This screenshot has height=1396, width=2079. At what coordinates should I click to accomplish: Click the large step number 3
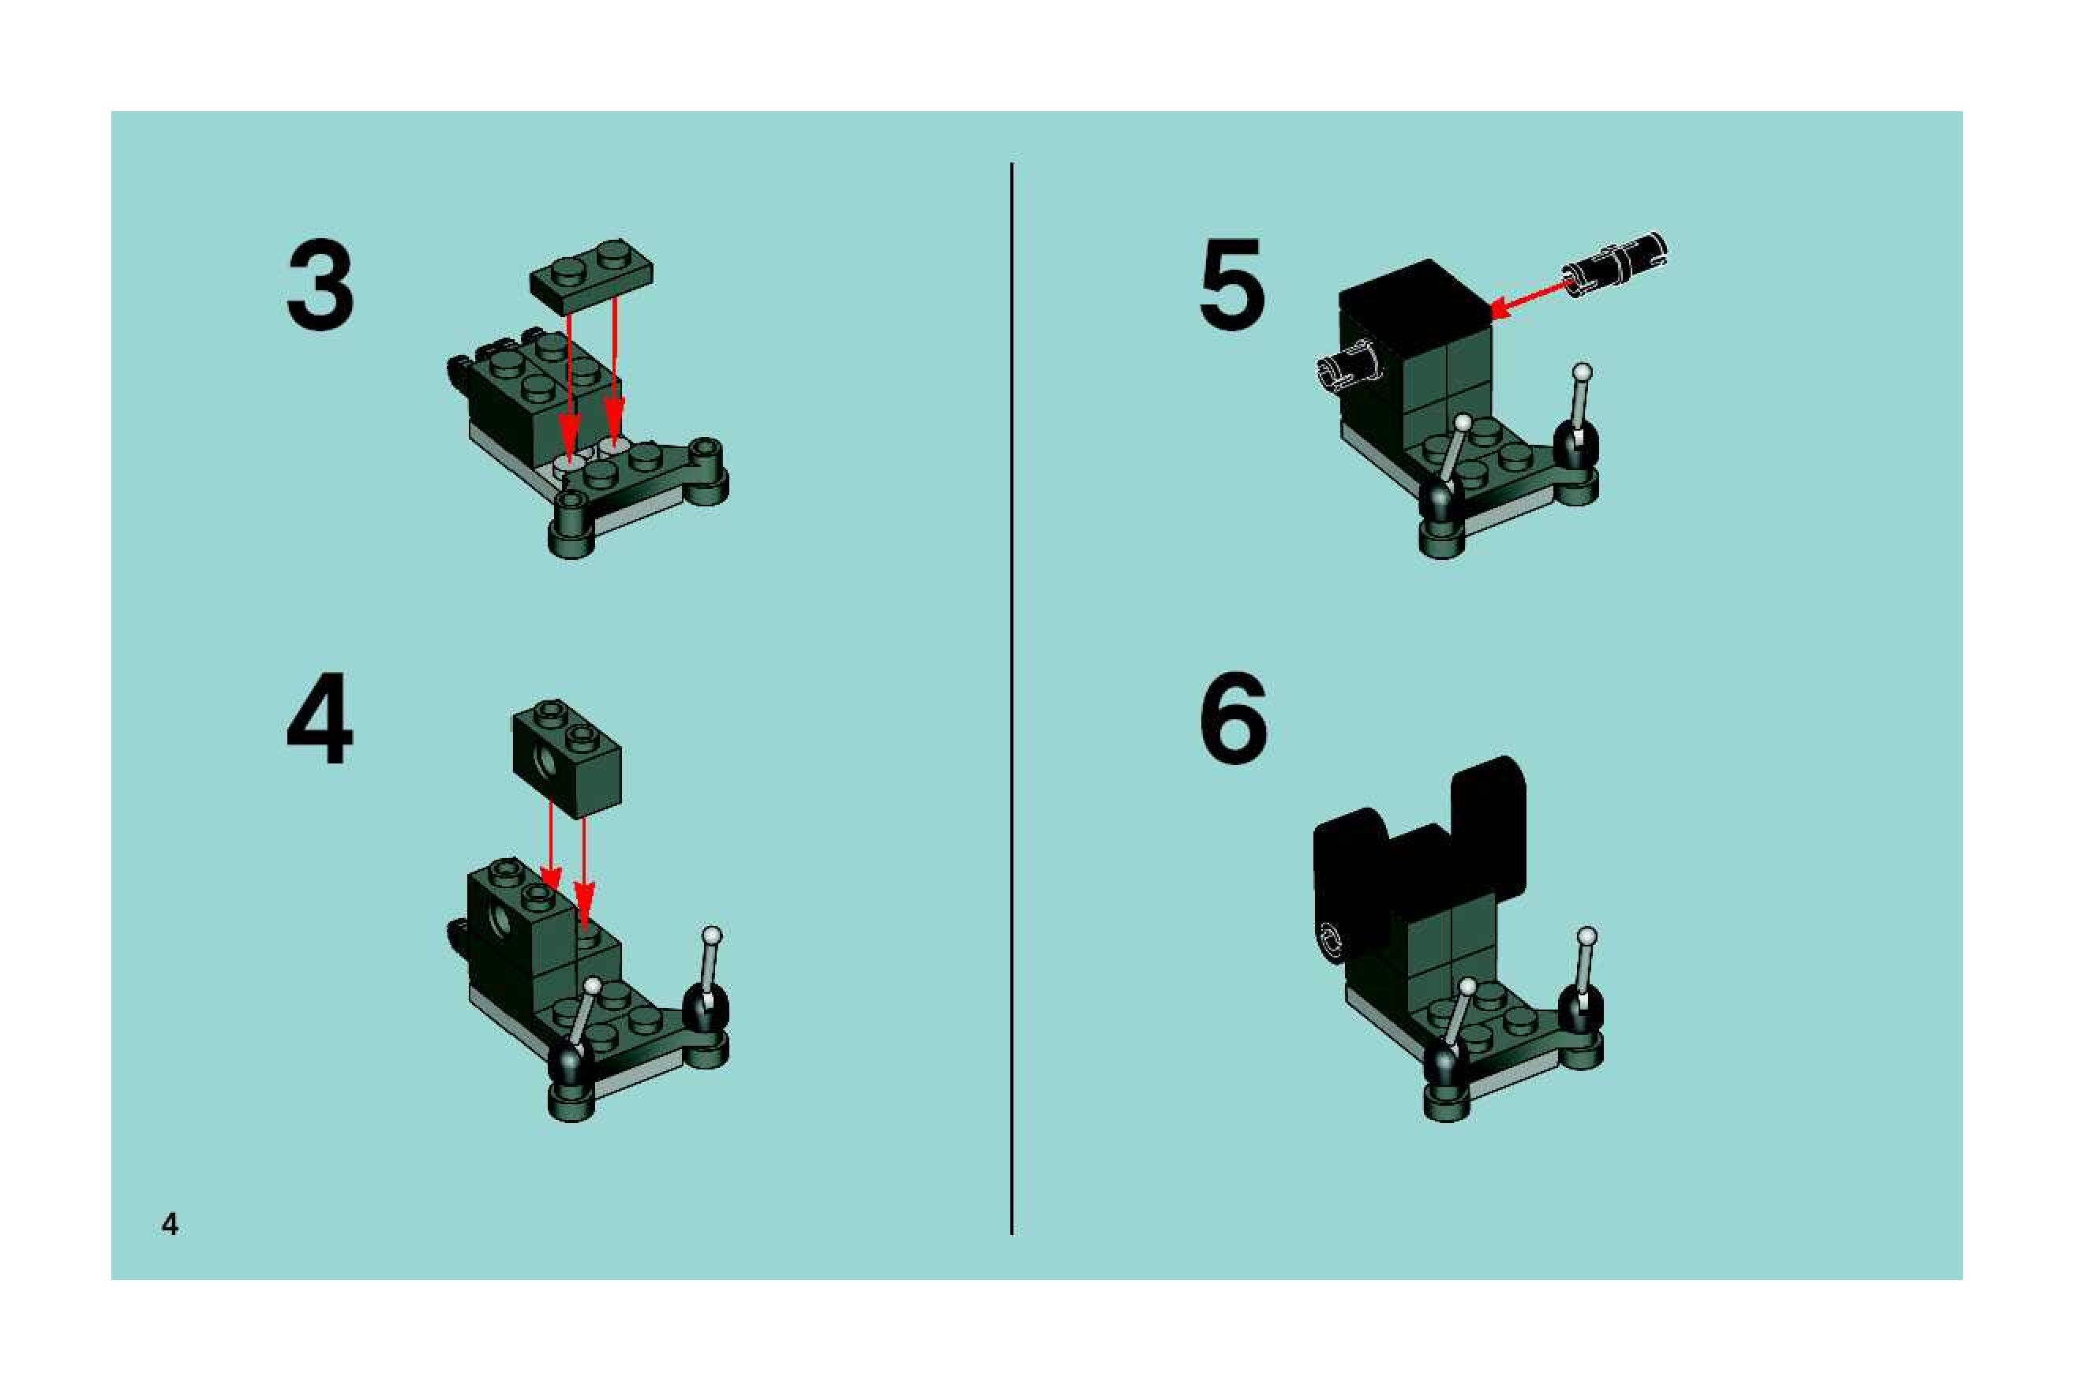pyautogui.click(x=320, y=286)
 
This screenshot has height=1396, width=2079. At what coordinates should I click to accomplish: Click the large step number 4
pyautogui.click(x=320, y=719)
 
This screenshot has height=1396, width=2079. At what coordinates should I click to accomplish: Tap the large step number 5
pyautogui.click(x=1232, y=285)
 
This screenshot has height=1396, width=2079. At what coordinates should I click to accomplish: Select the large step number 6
pyautogui.click(x=1233, y=719)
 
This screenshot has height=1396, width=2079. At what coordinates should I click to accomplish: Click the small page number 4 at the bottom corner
pyautogui.click(x=169, y=1224)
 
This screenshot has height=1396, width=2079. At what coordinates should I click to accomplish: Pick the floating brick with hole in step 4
pyautogui.click(x=567, y=758)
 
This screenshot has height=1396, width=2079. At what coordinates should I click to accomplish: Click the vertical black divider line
pyautogui.click(x=1012, y=699)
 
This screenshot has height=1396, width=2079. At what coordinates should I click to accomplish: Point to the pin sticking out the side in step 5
pyautogui.click(x=1347, y=367)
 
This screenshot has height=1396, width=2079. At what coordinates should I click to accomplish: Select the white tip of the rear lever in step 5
pyautogui.click(x=1582, y=371)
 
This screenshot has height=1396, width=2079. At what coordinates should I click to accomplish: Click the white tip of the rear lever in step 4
pyautogui.click(x=712, y=935)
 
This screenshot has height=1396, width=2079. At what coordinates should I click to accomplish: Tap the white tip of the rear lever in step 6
pyautogui.click(x=1586, y=935)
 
